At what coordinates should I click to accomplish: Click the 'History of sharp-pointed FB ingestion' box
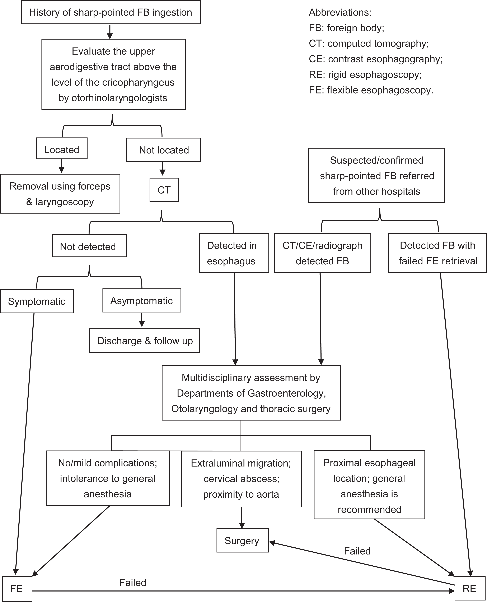coord(111,12)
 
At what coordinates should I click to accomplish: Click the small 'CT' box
coord(164,190)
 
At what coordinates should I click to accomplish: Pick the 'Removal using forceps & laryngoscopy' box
coord(60,194)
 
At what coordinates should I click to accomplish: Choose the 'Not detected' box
coord(89,246)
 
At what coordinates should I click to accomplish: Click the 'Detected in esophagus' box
coord(234,253)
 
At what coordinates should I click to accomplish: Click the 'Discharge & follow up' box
coord(144,341)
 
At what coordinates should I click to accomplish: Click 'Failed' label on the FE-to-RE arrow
coord(133,583)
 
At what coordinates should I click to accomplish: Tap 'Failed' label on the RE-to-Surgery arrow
coord(357,551)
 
